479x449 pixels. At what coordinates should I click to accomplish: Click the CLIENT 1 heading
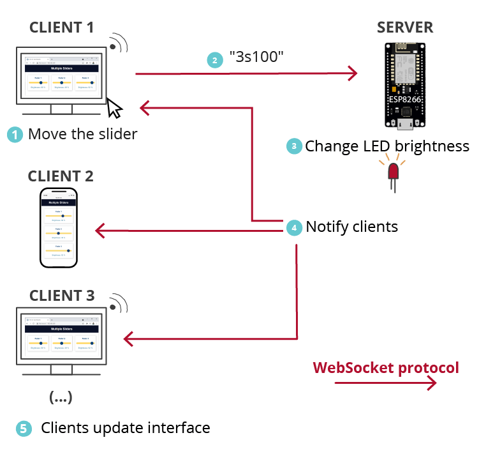[x=61, y=27]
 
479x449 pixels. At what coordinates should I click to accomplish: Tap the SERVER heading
[x=405, y=27]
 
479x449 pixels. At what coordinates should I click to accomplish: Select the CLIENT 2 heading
[x=61, y=176]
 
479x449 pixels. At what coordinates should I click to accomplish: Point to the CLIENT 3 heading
[x=61, y=296]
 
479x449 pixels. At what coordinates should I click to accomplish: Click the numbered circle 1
[x=15, y=135]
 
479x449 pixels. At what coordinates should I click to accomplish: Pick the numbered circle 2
[x=216, y=59]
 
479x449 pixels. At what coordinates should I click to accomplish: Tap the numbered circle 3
[x=293, y=146]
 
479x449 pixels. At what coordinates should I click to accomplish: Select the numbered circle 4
[x=293, y=227]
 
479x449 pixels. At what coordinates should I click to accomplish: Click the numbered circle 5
[x=24, y=429]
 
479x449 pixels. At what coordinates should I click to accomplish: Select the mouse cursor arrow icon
[x=114, y=108]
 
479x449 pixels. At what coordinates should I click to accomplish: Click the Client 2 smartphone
[x=60, y=227]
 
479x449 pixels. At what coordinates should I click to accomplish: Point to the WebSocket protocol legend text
[x=385, y=368]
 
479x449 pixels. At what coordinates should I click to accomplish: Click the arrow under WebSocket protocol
[x=385, y=383]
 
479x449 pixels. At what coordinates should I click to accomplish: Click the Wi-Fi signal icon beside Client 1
[x=119, y=42]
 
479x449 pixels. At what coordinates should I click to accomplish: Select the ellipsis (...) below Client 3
[x=61, y=397]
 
